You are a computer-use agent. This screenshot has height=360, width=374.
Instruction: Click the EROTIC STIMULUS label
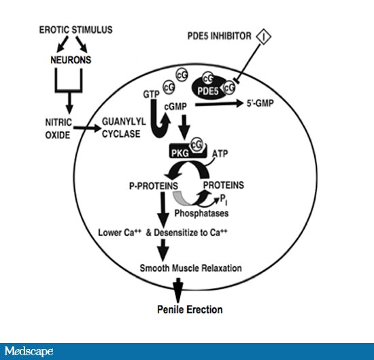[x=76, y=30]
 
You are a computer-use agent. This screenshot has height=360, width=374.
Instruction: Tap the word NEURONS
[x=71, y=60]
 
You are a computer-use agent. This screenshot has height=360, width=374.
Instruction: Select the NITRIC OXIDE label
[x=58, y=129]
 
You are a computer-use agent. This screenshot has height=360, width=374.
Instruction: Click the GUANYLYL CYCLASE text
[x=124, y=127]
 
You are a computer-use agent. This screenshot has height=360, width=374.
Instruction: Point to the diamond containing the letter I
[x=264, y=37]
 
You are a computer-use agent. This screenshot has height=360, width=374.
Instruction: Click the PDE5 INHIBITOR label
[x=219, y=36]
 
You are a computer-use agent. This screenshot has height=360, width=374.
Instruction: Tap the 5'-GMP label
[x=260, y=103]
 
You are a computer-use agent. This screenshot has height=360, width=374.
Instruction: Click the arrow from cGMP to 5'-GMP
[x=219, y=104]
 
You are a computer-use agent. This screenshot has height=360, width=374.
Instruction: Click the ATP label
[x=220, y=154]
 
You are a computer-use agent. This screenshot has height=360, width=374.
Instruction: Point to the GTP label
[x=151, y=95]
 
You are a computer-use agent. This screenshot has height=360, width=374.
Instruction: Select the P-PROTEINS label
[x=154, y=186]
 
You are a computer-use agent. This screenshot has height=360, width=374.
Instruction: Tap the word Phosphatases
[x=201, y=213]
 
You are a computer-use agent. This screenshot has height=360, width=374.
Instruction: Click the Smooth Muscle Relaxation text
[x=190, y=268]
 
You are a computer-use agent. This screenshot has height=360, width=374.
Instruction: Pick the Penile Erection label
[x=190, y=310]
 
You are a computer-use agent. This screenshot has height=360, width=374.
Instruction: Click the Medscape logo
[x=29, y=351]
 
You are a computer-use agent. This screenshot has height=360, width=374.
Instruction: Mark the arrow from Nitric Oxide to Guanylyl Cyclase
[x=88, y=128]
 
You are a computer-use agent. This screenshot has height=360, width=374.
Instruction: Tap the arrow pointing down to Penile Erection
[x=178, y=291]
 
